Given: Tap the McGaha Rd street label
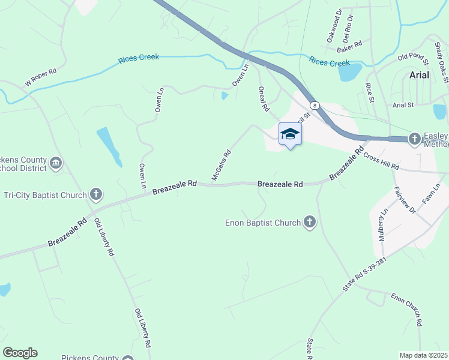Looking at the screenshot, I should pyautogui.click(x=221, y=165).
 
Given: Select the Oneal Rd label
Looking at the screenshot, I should pyautogui.click(x=262, y=99).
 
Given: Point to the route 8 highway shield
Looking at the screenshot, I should pyautogui.click(x=316, y=105).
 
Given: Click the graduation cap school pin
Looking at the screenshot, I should pyautogui.click(x=290, y=134).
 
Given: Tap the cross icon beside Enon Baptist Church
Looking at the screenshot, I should pyautogui.click(x=309, y=223).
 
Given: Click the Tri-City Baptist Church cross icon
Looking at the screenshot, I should pyautogui.click(x=95, y=194).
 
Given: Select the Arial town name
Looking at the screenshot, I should pyautogui.click(x=419, y=75).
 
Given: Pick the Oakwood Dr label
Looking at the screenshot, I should pyautogui.click(x=333, y=25).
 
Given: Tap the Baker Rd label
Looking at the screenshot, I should pyautogui.click(x=349, y=44).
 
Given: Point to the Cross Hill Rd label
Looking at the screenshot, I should pyautogui.click(x=381, y=160).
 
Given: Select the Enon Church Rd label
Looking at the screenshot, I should pyautogui.click(x=406, y=310).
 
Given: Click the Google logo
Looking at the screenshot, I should pyautogui.click(x=20, y=353).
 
